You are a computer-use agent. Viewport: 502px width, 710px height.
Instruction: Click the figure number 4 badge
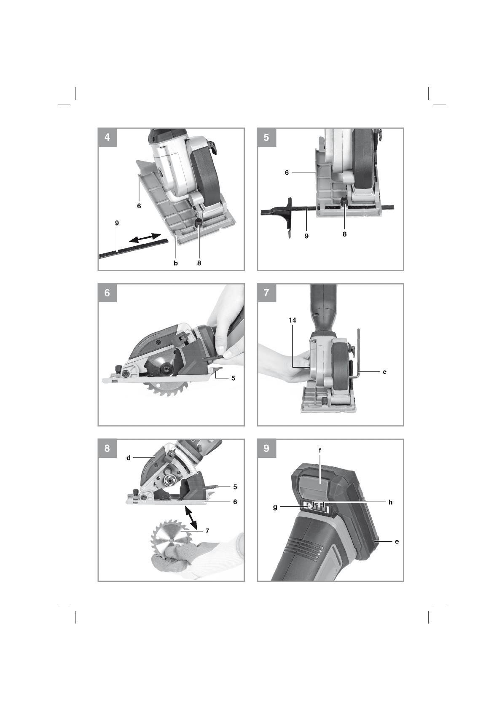(x=107, y=137)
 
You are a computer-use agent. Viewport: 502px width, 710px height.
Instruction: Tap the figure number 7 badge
(x=266, y=293)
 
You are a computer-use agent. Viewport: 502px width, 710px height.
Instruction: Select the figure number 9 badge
(x=266, y=448)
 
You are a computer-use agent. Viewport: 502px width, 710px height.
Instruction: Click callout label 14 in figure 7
(x=292, y=320)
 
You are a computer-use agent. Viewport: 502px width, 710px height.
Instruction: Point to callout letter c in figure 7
(x=384, y=372)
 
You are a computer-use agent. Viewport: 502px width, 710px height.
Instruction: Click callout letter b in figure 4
(x=176, y=263)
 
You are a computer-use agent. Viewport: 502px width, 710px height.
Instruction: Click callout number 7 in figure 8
(x=207, y=531)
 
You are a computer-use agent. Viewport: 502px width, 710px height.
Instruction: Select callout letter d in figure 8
(x=129, y=458)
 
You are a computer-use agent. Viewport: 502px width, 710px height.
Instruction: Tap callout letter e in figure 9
(x=397, y=542)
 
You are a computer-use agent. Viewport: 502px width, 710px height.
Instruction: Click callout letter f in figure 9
(x=320, y=450)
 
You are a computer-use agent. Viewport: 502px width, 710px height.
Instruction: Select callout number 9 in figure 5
(x=306, y=236)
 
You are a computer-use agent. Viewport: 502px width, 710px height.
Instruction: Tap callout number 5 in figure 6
(x=233, y=378)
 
